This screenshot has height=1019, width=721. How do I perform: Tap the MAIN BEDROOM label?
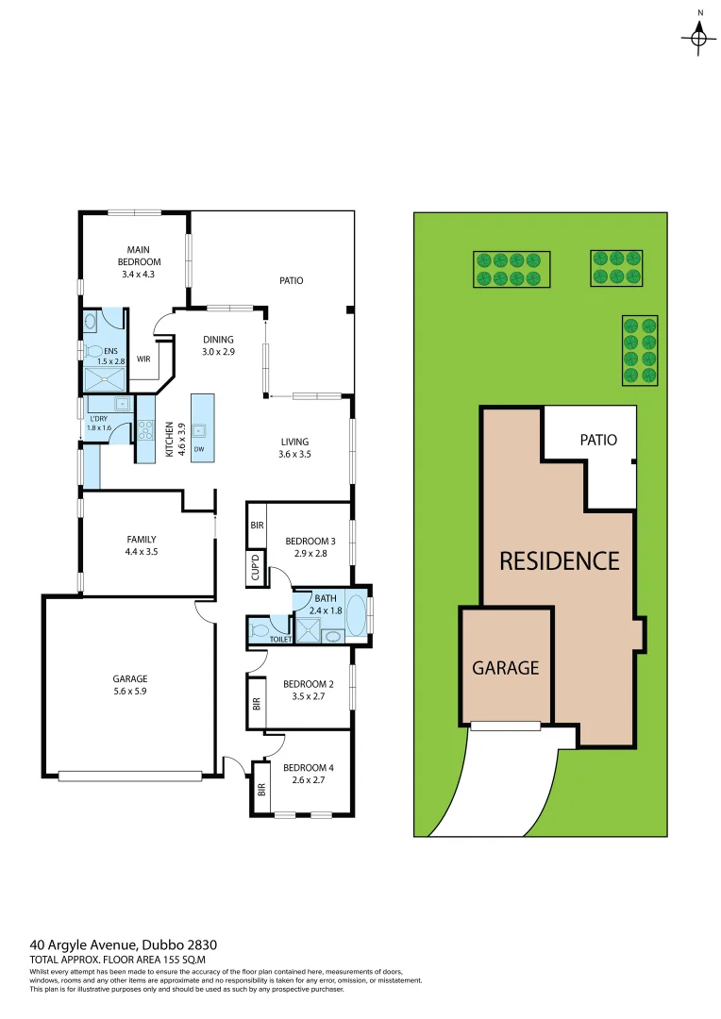[x=139, y=261]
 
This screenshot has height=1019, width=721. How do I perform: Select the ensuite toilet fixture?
[x=95, y=351]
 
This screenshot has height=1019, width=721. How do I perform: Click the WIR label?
[x=143, y=359]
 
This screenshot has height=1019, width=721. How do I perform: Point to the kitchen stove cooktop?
[x=145, y=430]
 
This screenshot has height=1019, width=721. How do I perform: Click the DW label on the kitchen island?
[x=198, y=449]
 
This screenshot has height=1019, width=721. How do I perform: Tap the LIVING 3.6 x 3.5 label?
[x=294, y=447]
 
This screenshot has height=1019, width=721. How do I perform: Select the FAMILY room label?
[x=142, y=545]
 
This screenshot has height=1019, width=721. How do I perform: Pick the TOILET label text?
[x=281, y=639]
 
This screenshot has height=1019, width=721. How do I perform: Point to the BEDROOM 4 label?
[x=309, y=774]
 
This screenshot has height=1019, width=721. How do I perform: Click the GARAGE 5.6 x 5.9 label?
[x=131, y=684]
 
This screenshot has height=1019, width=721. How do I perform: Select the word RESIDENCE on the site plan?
[x=559, y=560]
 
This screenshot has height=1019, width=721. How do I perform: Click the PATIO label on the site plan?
[x=598, y=440]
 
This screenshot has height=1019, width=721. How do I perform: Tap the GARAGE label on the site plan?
[x=505, y=667]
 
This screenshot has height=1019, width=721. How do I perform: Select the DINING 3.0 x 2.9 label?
[x=219, y=345]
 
